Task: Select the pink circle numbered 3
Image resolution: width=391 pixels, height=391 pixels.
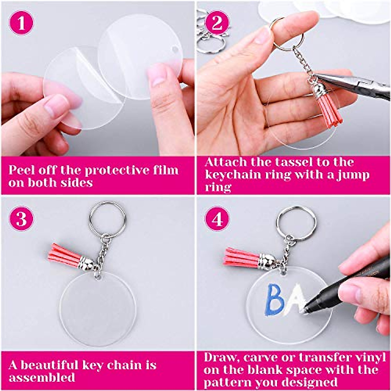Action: [x=21, y=219]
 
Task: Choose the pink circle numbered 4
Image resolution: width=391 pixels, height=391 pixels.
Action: [x=217, y=219]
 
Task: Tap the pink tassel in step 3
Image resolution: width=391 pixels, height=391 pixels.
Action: [x=64, y=255]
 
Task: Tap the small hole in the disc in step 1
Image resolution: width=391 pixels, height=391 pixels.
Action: [x=175, y=49]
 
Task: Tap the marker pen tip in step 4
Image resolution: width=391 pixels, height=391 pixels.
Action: [x=303, y=311]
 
